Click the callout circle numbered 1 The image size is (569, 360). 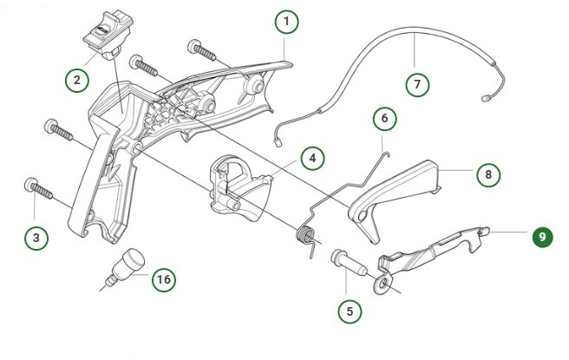click(287, 21)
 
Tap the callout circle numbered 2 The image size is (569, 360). click(77, 80)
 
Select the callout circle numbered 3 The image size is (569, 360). click(35, 235)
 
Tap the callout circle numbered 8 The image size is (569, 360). click(487, 173)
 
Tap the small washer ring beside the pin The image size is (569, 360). click(381, 284)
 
